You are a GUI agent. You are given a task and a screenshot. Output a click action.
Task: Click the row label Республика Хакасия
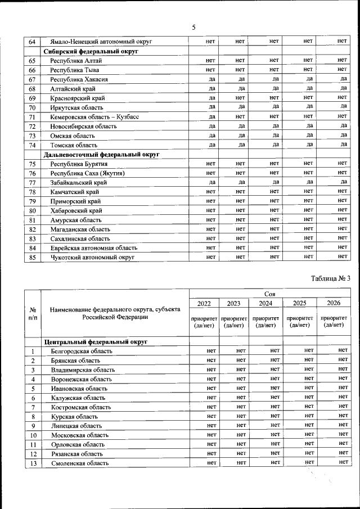coord(79,79)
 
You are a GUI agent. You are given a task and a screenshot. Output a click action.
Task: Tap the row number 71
coord(33,116)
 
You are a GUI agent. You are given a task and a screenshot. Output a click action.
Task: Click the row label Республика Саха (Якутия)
coord(87,173)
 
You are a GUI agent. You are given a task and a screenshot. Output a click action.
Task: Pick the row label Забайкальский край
coord(79,182)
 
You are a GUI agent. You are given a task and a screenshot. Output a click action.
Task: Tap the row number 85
coord(33,257)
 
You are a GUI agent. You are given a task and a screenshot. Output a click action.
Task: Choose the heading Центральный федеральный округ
coord(96,341)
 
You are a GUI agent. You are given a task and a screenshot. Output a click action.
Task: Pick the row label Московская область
coord(82,435)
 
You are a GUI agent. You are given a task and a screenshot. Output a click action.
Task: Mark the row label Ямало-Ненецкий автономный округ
coord(101,42)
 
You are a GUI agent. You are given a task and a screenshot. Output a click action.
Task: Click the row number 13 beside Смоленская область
coord(33,463)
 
